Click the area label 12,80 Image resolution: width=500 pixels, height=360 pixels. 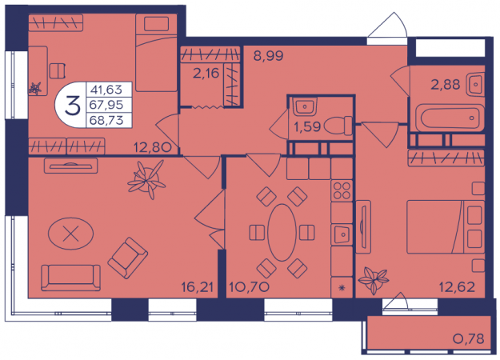pyautogui.click(x=153, y=147)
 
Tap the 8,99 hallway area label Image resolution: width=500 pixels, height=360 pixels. pyautogui.click(x=268, y=56)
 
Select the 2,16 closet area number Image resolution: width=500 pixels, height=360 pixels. pyautogui.click(x=206, y=74)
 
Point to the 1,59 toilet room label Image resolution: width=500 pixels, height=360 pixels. pyautogui.click(x=307, y=126)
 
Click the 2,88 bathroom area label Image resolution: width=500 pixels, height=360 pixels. pyautogui.click(x=446, y=85)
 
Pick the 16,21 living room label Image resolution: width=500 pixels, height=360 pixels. pyautogui.click(x=197, y=287)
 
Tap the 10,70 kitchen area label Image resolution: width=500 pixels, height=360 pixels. pyautogui.click(x=249, y=287)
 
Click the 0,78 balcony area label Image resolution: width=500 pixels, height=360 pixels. pyautogui.click(x=469, y=338)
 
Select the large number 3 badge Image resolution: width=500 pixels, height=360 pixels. pyautogui.click(x=72, y=106)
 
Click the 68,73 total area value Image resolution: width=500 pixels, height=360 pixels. pyautogui.click(x=106, y=120)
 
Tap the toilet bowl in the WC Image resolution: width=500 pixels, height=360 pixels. pyautogui.click(x=338, y=126)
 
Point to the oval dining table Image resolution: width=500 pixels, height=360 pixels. pyautogui.click(x=282, y=233)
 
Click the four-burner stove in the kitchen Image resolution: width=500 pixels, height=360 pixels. pyautogui.click(x=342, y=190)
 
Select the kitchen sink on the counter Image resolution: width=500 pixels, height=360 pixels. pyautogui.click(x=342, y=234)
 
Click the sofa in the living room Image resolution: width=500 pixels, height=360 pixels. pyautogui.click(x=70, y=278)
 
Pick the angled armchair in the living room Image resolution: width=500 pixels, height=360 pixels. pyautogui.click(x=127, y=258)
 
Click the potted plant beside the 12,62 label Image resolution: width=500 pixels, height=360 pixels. pyautogui.click(x=374, y=280)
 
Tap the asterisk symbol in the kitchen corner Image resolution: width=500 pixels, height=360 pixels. pyautogui.click(x=342, y=288)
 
